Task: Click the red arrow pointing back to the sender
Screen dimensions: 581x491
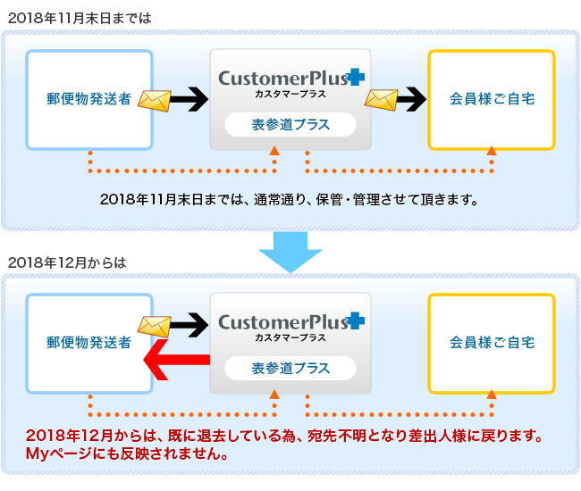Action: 176,359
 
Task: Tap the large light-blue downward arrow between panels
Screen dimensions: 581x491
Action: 290,252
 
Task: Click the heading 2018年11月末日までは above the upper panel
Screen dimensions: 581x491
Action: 80,18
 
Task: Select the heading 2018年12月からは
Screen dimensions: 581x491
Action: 67,262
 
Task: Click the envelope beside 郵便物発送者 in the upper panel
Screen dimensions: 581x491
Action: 155,101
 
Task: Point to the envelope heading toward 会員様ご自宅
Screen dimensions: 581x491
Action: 382,100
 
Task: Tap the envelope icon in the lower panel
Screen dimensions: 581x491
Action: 155,327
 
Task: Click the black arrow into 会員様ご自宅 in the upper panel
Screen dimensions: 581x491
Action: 412,99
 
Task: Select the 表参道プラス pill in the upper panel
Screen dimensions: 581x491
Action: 290,125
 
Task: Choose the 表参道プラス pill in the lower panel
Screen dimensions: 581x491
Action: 290,369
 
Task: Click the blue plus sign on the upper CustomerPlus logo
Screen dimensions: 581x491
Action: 356,77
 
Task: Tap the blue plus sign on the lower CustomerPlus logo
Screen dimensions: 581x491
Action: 356,320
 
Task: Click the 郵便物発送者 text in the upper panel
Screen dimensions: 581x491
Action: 88,99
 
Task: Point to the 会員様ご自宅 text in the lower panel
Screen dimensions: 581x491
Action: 493,343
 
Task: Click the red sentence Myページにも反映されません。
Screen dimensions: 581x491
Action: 127,454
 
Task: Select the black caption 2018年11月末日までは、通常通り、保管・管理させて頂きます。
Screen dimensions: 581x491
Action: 289,200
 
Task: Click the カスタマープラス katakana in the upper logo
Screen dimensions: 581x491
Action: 290,94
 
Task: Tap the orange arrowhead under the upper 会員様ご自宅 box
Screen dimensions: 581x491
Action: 492,151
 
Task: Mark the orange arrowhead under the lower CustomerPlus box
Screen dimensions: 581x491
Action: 274,395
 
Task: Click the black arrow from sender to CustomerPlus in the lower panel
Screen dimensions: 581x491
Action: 189,325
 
